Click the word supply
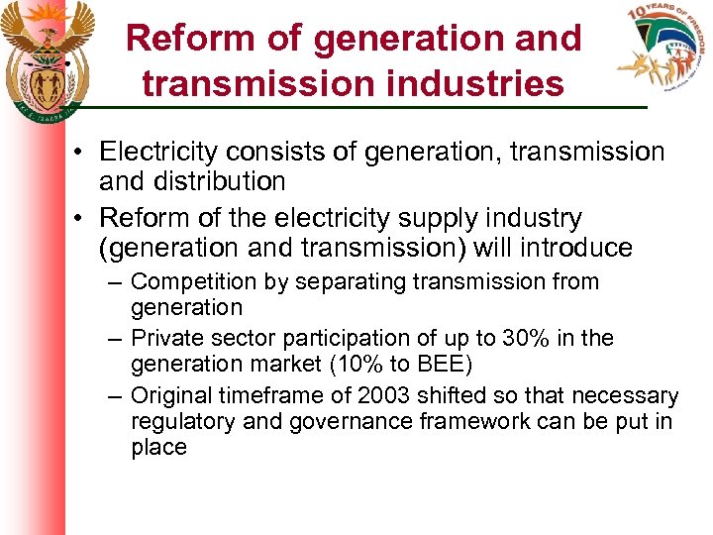pyautogui.click(x=453, y=218)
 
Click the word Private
pyautogui.click(x=164, y=339)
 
